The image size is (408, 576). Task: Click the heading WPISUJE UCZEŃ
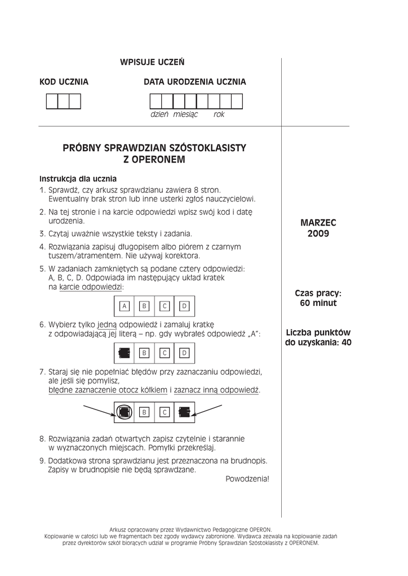(x=152, y=62)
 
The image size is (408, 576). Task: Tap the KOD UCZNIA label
(x=64, y=82)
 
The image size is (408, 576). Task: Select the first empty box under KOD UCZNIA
(x=52, y=101)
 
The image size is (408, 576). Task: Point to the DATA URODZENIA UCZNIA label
(x=194, y=82)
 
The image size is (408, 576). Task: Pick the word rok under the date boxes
(x=219, y=114)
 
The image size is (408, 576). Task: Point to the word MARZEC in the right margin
(x=318, y=223)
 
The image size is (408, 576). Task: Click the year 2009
(x=318, y=233)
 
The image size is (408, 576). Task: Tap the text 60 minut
(x=318, y=303)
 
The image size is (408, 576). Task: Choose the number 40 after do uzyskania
(x=345, y=342)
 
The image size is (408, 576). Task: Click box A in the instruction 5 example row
(x=125, y=305)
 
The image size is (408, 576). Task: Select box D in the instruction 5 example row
(x=184, y=305)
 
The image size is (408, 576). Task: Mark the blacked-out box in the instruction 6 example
(x=124, y=353)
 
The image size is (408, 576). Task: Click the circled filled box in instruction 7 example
(x=124, y=412)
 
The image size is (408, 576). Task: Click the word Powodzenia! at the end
(x=247, y=479)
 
